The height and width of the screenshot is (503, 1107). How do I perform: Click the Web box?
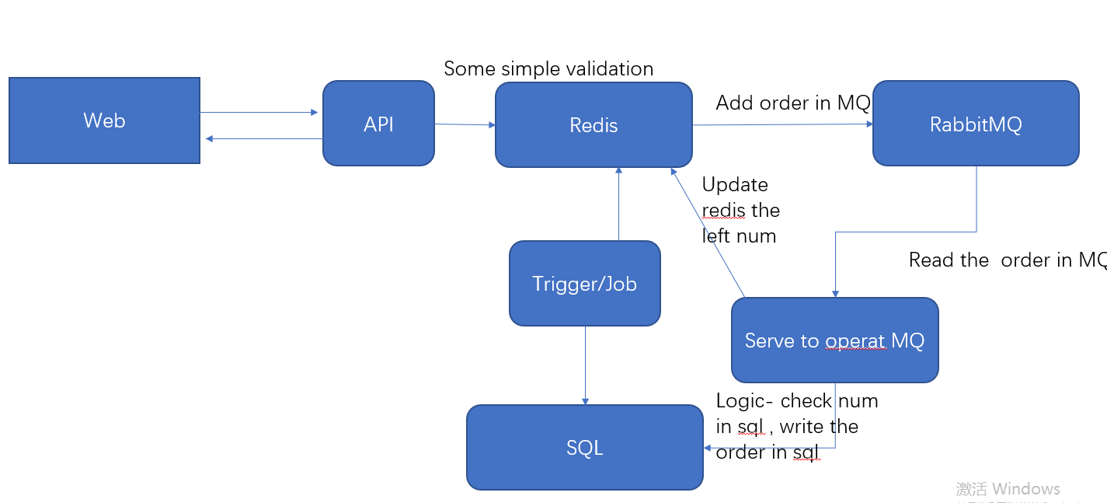point(104,121)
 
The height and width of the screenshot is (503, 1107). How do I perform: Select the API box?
point(378,124)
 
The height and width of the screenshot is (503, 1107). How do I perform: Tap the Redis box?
point(594,125)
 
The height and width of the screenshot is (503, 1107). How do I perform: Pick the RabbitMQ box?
point(976,124)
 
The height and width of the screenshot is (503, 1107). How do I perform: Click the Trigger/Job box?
point(584,284)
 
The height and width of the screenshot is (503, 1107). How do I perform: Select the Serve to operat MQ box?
point(834,341)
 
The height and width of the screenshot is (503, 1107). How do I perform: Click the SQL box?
point(584,448)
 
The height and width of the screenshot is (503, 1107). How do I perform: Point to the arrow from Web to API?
point(259,113)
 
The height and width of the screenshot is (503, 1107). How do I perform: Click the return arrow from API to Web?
point(264,139)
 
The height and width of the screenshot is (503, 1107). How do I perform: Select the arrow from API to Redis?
point(465,124)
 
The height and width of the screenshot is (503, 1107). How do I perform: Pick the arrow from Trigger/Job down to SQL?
point(584,365)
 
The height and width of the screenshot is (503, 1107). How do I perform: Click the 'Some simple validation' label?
point(548,69)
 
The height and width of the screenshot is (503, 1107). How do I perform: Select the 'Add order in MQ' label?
point(792,103)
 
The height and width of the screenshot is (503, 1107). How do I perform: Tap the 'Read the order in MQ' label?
point(1007,260)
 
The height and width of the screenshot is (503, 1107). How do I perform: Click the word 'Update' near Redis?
point(735,185)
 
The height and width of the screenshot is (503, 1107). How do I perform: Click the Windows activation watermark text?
point(1008,489)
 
